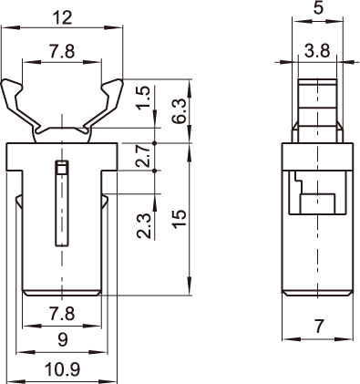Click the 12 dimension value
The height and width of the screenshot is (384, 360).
pos(62,17)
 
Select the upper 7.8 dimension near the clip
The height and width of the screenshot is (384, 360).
pos(62,51)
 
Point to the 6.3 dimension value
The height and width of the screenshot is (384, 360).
pos(179,110)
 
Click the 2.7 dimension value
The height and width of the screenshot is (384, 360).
pos(143,156)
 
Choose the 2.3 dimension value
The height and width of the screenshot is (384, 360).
pos(144,225)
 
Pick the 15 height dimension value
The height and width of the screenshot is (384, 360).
pos(179,219)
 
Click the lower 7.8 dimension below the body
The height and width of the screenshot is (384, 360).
pos(62,314)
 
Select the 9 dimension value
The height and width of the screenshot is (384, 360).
pos(63,339)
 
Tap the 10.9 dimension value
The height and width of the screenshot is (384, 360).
pos(62,370)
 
